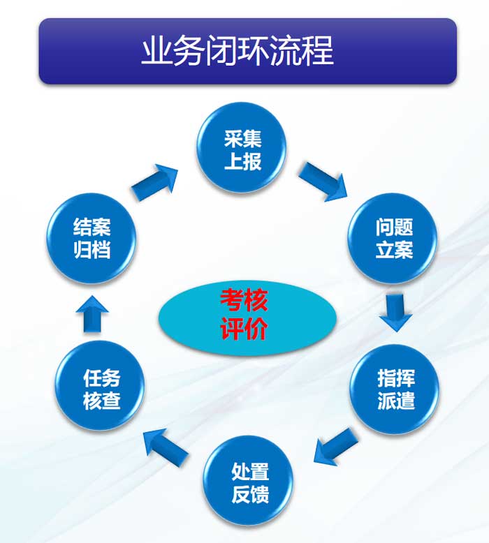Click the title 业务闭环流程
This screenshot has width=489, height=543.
pos(238,50)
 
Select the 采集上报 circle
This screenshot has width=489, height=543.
pos(242,148)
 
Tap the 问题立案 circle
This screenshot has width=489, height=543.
pos(393,238)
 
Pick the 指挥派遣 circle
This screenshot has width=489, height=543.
pos(395,389)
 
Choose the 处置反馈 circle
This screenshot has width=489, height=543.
pos(248,482)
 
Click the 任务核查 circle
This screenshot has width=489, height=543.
pos(100,385)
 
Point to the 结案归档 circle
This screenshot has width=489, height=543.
pos(92,238)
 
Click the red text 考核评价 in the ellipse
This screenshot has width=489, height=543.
pos(244,314)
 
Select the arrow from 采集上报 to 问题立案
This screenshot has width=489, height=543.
pos(323,181)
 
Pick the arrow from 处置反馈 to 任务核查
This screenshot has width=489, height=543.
pos(166,447)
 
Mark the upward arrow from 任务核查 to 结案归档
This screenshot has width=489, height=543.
pos(92,315)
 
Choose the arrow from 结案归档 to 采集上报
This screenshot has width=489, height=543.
pos(154,182)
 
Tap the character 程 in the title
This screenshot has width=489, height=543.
pos(319,50)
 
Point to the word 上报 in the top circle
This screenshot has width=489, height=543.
pos(242,162)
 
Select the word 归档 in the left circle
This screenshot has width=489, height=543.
pos(92,250)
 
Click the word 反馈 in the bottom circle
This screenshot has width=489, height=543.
pos(250,494)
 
